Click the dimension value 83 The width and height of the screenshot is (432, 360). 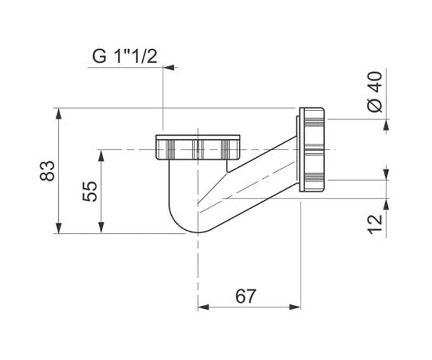[47, 171]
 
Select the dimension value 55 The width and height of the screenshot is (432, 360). [89, 191]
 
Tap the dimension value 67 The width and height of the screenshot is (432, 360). [246, 296]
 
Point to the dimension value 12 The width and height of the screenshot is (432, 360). [375, 225]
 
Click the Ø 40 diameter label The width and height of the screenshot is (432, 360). [375, 92]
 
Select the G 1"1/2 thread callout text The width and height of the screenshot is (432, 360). [125, 57]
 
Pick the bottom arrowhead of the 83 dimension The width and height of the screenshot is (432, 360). [59, 228]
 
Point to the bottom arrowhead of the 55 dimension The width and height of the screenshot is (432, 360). [101, 228]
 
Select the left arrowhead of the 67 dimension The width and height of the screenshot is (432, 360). [203, 307]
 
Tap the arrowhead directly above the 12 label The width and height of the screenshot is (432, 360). [386, 204]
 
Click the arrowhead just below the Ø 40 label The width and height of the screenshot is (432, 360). [386, 125]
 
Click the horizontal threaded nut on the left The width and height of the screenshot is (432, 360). [198, 147]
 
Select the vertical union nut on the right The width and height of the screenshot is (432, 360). [312, 149]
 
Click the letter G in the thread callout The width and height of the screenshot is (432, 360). [99, 57]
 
